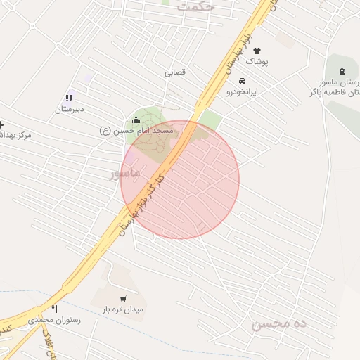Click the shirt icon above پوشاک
[x=257, y=51]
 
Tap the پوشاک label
[x=257, y=62]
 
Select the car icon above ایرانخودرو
[x=243, y=81]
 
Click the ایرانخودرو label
[x=242, y=92]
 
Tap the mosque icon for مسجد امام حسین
[x=136, y=120]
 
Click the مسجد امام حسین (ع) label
[x=135, y=131]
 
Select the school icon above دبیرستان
[x=69, y=98]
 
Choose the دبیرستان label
[x=70, y=110]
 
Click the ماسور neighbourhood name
[x=125, y=172]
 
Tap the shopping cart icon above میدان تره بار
[x=124, y=298]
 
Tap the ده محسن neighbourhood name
[x=279, y=323]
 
